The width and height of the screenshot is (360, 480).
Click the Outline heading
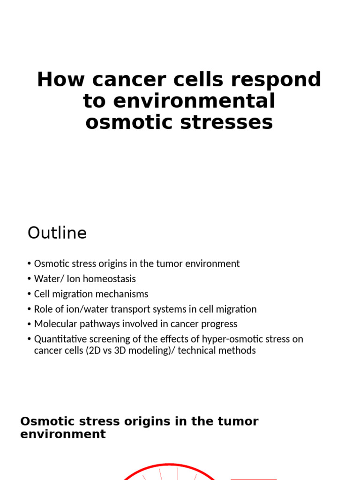57,233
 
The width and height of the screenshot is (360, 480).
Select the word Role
43,309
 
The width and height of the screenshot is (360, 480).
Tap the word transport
137,309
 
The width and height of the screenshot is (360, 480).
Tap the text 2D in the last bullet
93,350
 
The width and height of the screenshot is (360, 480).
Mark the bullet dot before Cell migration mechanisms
30,294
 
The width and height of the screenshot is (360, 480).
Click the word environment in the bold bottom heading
63,434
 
